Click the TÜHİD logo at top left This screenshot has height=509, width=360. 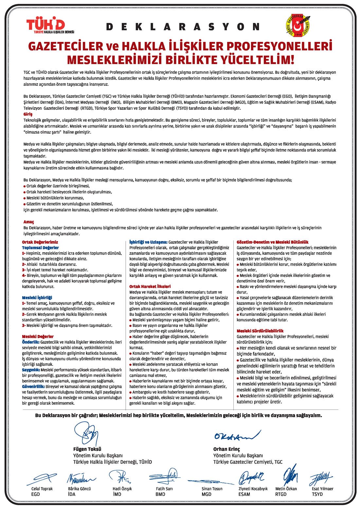(50, 26)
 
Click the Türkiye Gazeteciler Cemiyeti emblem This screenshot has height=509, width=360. (298, 25)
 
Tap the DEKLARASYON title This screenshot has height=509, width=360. (183, 27)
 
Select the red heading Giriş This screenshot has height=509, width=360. (28, 114)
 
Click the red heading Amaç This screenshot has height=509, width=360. (28, 222)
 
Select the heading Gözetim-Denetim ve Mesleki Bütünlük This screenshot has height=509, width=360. (272, 242)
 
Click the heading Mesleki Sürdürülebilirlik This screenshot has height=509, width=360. (260, 331)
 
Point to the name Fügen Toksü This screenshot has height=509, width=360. (87, 449)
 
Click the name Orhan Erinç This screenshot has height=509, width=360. (226, 449)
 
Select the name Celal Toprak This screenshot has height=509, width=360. (42, 489)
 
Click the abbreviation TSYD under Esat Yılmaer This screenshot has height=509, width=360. (317, 494)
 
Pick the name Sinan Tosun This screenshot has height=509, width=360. (212, 489)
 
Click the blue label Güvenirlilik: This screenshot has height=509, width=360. (33, 386)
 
